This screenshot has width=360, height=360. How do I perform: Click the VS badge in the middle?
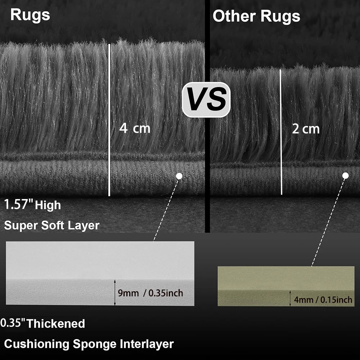(206, 100)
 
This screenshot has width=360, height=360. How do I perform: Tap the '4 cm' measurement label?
(135, 128)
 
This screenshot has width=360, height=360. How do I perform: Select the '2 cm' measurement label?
(306, 129)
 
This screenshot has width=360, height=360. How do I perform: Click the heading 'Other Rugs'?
(256, 16)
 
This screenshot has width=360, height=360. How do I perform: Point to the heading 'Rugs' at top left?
(30, 15)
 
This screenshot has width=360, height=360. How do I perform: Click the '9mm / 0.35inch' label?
(150, 293)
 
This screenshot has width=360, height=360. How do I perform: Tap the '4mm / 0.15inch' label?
(323, 300)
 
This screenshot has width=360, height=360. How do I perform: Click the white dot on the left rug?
(179, 176)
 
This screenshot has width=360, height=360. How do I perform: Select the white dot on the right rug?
(345, 176)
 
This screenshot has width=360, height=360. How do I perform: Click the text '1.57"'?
(19, 204)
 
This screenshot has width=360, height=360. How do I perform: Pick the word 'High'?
(48, 205)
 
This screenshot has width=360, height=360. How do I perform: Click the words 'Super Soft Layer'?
(51, 225)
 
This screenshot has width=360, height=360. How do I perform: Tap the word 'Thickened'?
(56, 324)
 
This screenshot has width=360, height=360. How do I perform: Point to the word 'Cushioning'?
(36, 344)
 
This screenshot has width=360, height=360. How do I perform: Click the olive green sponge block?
(286, 286)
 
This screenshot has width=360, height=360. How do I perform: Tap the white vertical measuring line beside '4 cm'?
(109, 120)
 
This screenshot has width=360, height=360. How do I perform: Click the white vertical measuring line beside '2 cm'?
(281, 132)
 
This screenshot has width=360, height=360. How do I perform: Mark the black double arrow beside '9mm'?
(115, 292)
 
